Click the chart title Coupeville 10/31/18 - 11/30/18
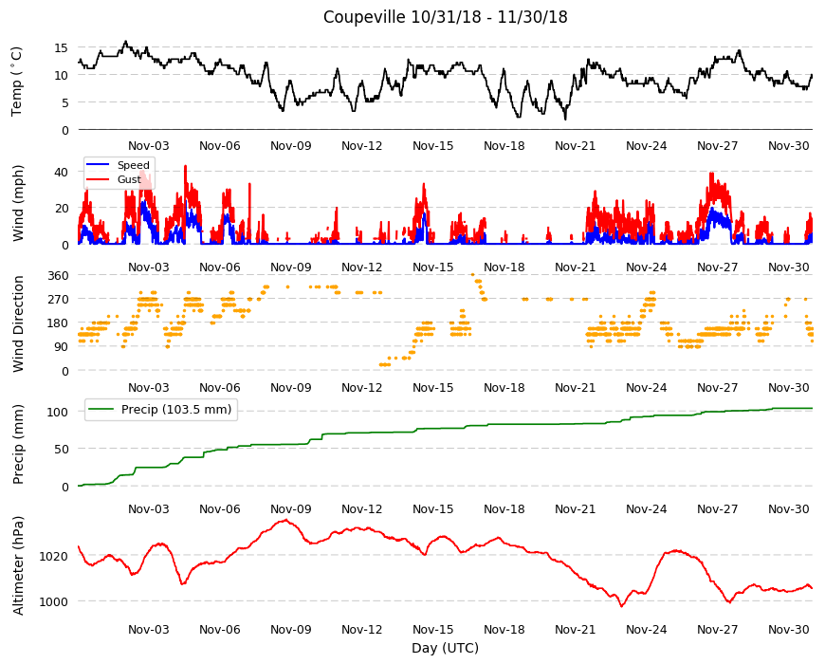click(x=445, y=17)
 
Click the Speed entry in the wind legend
click(x=133, y=165)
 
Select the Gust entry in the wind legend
click(x=129, y=179)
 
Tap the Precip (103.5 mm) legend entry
click(x=176, y=410)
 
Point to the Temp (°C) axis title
click(x=17, y=82)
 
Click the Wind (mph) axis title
click(x=18, y=203)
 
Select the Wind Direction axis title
click(x=18, y=323)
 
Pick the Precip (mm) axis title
click(x=18, y=445)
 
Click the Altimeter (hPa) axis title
click(x=18, y=565)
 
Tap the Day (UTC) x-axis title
click(x=445, y=648)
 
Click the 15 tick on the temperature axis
click(x=61, y=47)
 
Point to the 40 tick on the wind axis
click(x=61, y=172)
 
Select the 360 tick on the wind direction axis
click(x=58, y=275)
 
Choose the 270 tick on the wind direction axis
click(x=58, y=300)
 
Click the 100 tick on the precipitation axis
click(x=58, y=412)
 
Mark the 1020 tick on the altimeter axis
click(x=54, y=556)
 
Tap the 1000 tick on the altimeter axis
click(x=54, y=601)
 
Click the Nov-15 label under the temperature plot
click(x=433, y=146)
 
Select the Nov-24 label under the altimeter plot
click(x=646, y=629)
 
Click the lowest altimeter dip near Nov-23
click(x=621, y=606)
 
